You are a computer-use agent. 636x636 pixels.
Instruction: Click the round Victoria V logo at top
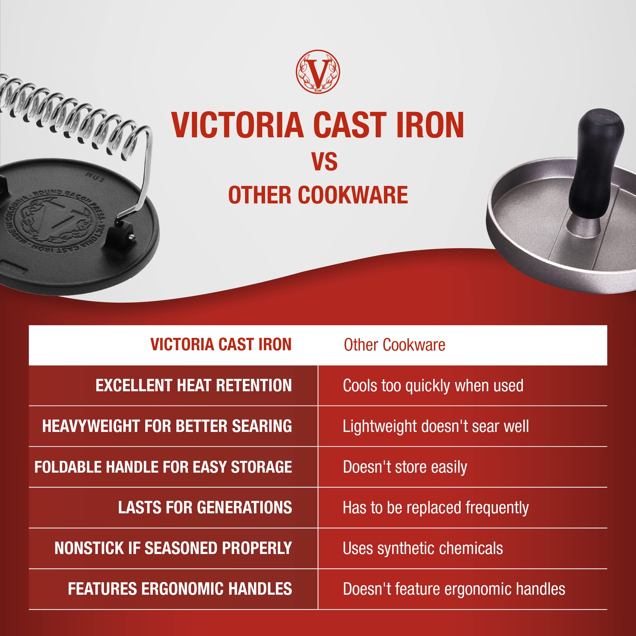pos(318,72)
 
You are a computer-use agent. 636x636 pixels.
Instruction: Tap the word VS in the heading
pos(325,162)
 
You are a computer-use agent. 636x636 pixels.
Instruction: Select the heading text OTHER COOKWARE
pos(318,195)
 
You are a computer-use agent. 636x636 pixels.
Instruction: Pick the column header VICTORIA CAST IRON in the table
pos(221,345)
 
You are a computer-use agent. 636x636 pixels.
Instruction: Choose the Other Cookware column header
pos(394,345)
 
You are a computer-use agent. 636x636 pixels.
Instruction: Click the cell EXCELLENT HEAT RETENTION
pos(194,386)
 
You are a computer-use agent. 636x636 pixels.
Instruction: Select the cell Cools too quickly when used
pos(433,386)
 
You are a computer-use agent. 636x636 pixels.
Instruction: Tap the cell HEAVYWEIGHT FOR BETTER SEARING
pos(167,426)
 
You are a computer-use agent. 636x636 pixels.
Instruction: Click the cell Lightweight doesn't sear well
pos(436,426)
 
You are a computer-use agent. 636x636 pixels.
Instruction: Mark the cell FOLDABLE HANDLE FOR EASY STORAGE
pos(163,467)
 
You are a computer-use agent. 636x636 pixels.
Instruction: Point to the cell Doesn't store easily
pos(405,467)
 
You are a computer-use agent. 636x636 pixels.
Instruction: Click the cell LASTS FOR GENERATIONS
pos(205,507)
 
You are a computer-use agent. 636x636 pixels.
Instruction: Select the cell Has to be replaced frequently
pos(435,508)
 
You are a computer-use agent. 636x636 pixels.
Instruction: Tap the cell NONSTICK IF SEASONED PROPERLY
pos(173,548)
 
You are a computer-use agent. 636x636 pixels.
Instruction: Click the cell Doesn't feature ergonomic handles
pos(454,589)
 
